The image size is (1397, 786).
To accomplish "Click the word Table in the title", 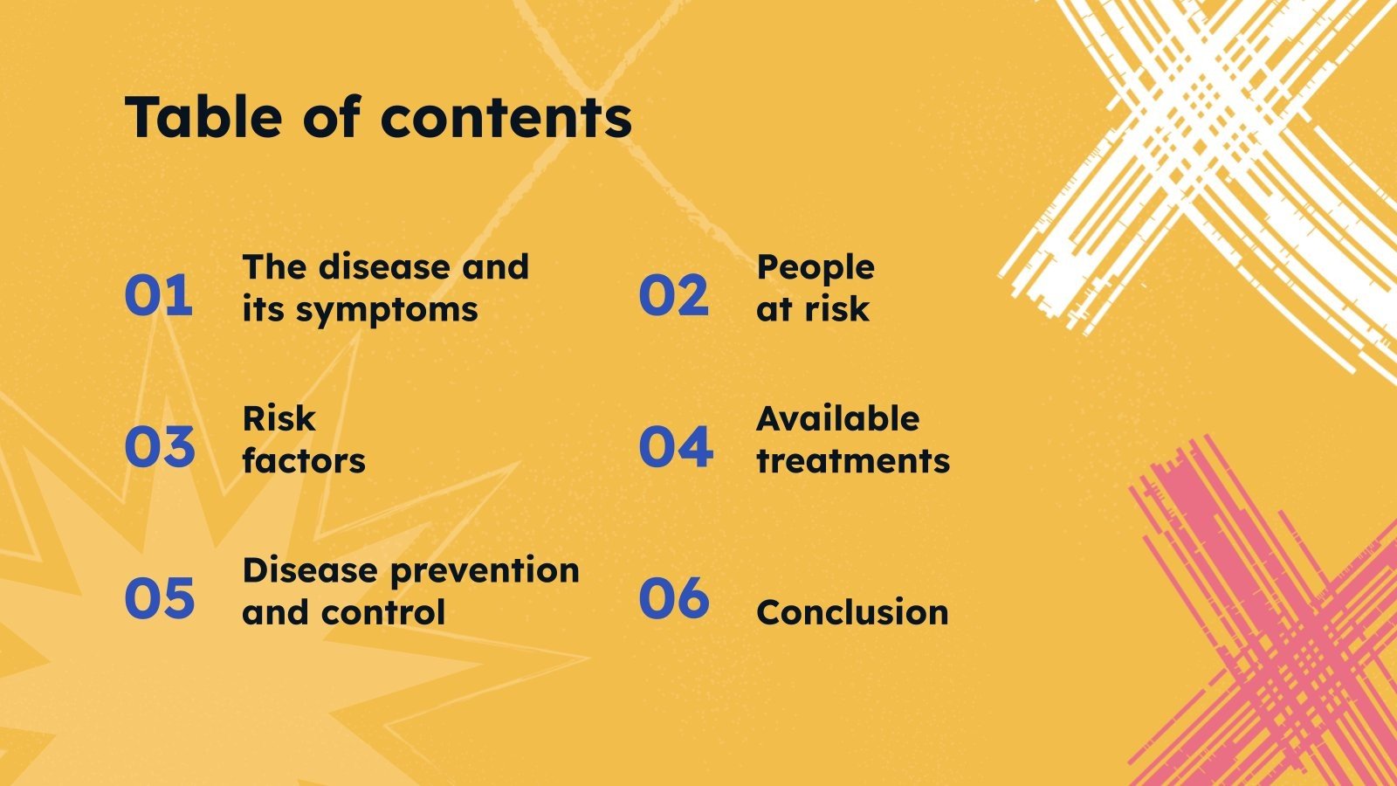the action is [x=203, y=116].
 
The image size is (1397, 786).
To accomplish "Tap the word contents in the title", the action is [x=506, y=118].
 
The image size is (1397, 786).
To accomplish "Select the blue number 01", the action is [x=158, y=294].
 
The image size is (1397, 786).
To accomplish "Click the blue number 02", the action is [x=673, y=294].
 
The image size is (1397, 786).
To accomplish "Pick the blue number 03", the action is [x=160, y=446].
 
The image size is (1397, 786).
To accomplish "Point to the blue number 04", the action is [x=676, y=446].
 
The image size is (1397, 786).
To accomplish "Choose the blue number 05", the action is [x=160, y=598].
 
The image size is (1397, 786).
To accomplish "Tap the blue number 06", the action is [x=674, y=598].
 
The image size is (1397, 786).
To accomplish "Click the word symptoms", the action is [x=387, y=311].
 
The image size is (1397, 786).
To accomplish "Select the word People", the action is [x=815, y=269].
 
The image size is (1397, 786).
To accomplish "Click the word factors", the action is [x=304, y=461].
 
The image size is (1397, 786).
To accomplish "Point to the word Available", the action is [x=837, y=418].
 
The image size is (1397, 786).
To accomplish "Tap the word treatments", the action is [x=853, y=461].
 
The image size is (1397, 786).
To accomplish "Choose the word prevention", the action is [x=485, y=572].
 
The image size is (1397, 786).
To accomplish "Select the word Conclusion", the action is [x=852, y=612].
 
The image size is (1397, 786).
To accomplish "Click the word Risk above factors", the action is [x=279, y=418].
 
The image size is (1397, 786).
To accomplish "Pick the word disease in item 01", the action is [x=384, y=267].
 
